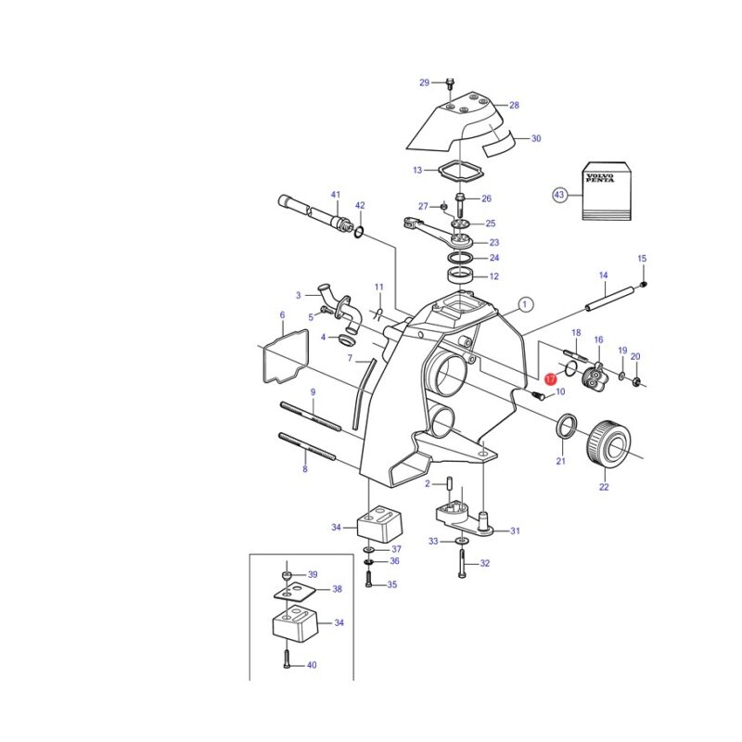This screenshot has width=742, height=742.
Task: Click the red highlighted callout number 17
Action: [550, 379]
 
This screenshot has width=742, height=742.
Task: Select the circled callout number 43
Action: [559, 195]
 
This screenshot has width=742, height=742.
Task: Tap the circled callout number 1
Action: [525, 305]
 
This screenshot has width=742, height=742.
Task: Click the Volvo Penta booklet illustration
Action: [607, 191]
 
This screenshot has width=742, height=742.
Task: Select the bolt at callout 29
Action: [450, 85]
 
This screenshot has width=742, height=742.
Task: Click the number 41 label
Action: [336, 195]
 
